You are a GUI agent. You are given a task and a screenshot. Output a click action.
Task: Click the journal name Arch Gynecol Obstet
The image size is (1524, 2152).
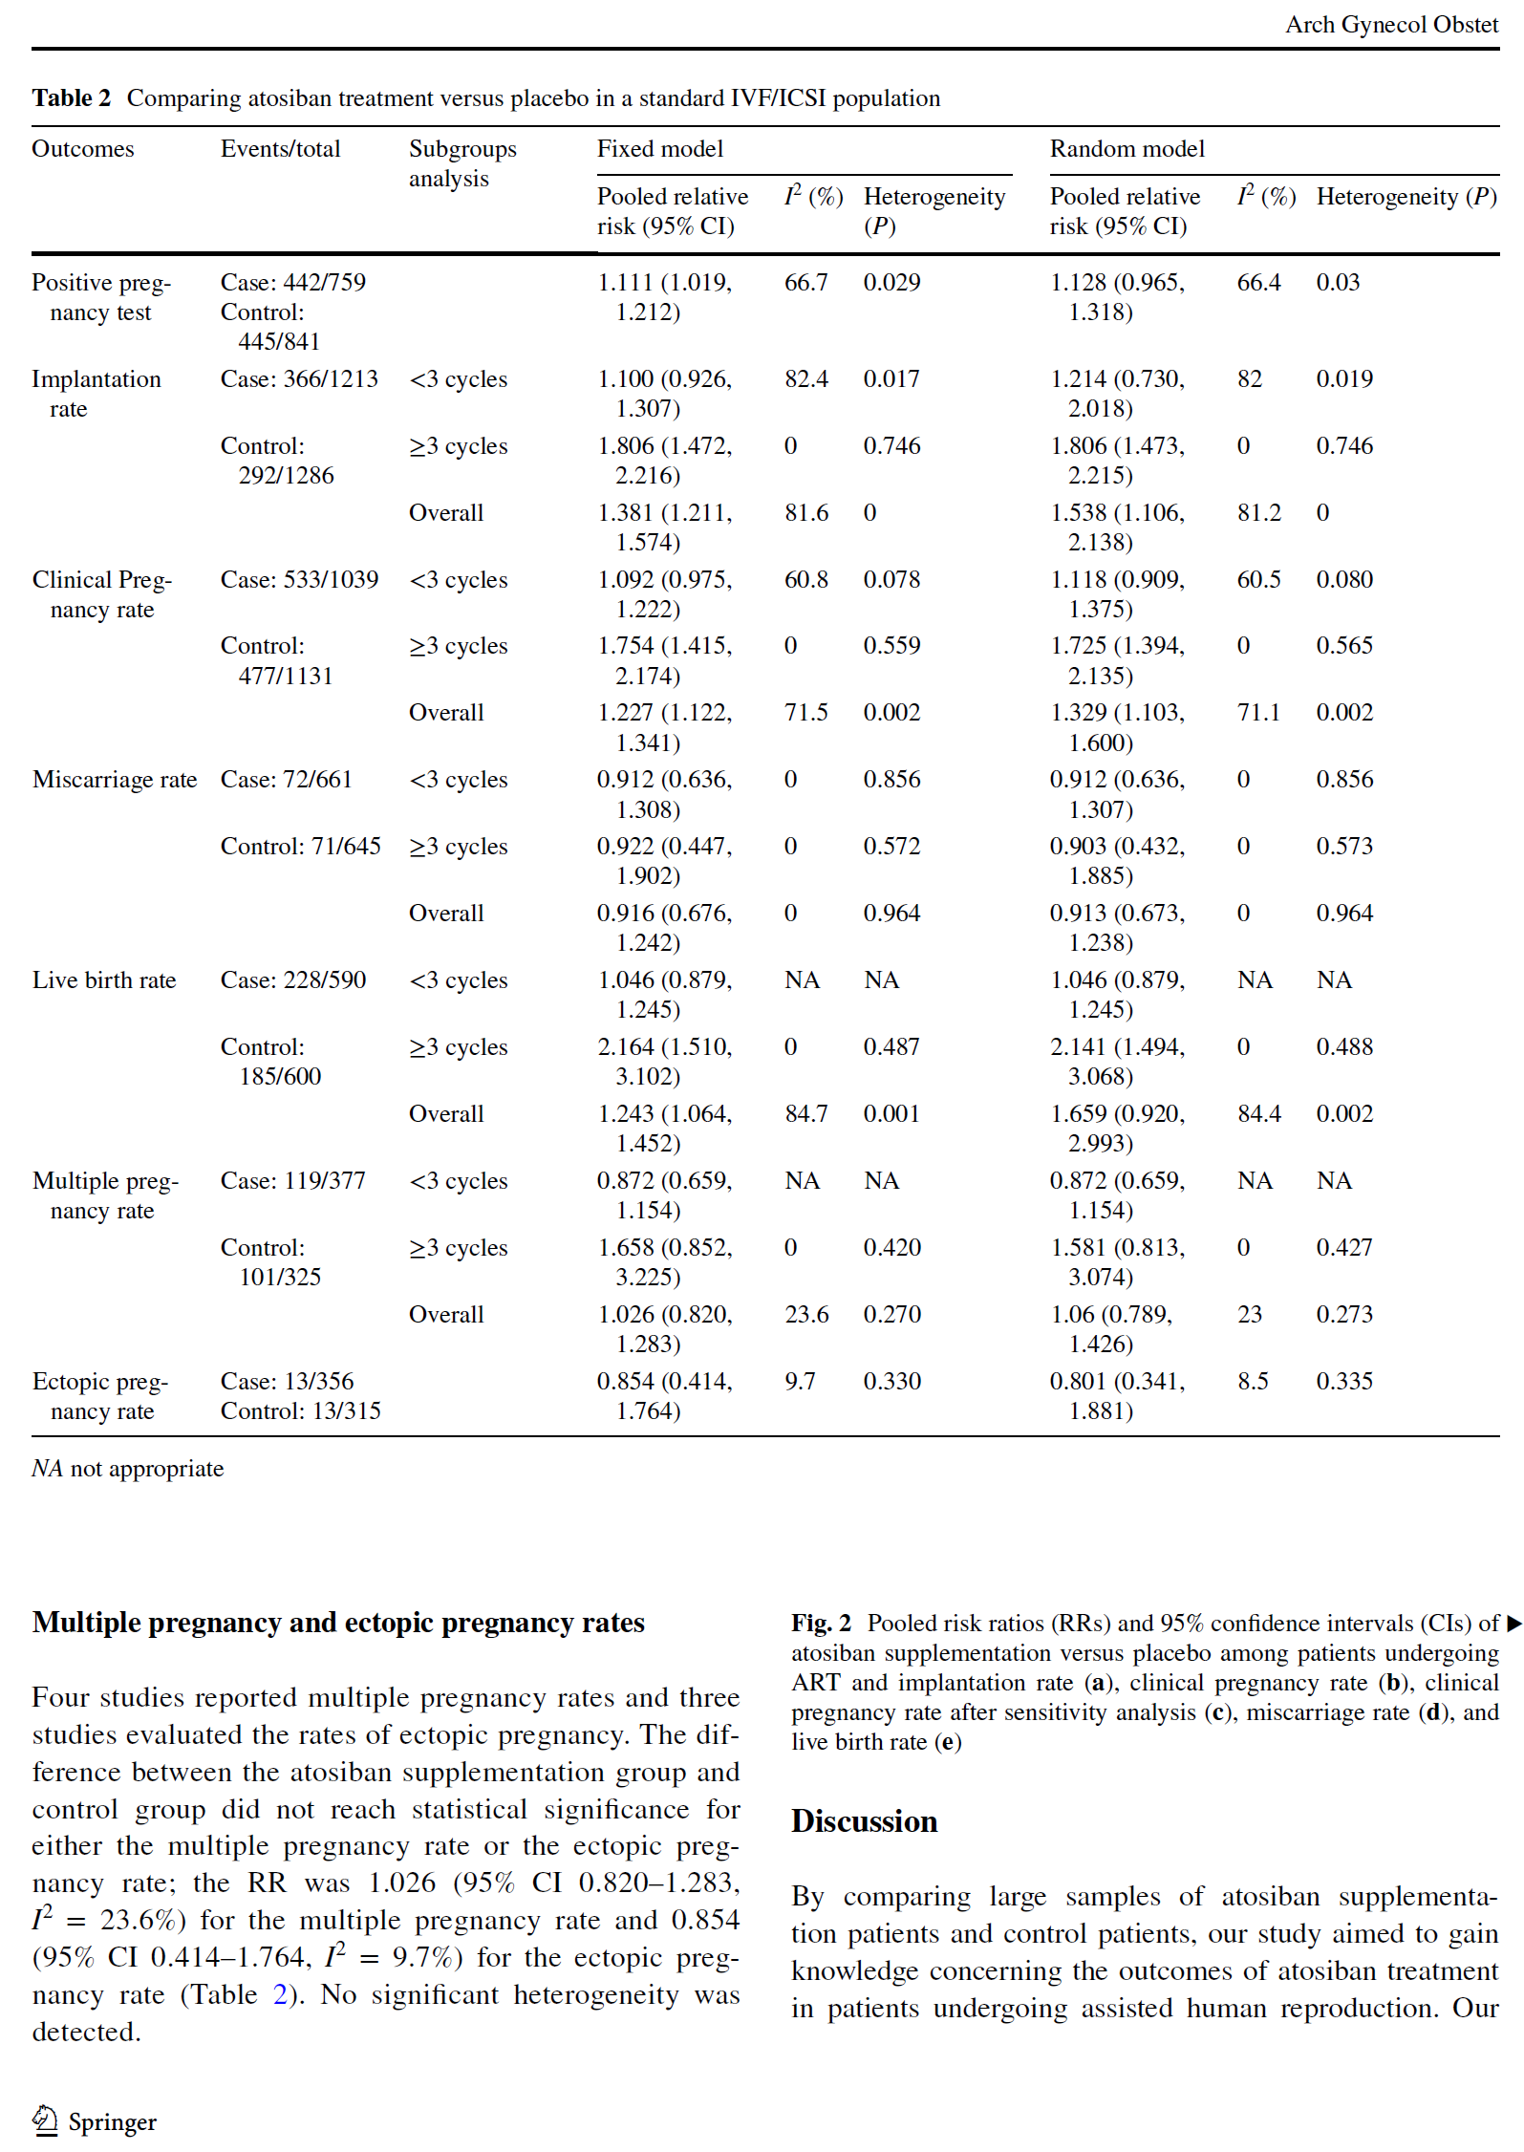1390,25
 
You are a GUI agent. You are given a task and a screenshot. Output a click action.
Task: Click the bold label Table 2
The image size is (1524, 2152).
71,98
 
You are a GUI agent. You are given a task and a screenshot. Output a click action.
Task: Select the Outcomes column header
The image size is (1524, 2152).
82,149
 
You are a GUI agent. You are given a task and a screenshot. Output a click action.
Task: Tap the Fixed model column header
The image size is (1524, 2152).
659,149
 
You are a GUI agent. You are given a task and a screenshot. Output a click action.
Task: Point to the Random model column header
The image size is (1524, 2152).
1127,149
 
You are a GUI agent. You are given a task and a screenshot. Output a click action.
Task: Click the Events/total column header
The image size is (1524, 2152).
280,149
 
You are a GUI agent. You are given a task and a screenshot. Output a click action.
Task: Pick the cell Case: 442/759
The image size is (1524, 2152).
292,283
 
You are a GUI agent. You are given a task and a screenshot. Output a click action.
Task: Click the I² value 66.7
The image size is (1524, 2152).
805,283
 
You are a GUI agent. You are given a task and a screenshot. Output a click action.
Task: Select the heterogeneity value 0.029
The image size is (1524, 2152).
891,283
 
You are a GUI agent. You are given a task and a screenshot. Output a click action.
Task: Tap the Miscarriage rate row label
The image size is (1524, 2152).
115,780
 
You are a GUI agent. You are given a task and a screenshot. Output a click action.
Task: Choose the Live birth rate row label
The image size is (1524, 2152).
104,980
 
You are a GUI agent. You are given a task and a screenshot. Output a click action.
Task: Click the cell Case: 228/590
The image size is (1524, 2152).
292,980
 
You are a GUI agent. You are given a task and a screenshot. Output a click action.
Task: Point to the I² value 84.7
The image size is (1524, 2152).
805,1114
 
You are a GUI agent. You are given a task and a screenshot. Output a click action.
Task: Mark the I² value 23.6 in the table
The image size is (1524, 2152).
805,1315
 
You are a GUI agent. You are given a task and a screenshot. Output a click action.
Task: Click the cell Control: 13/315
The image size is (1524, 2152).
300,1411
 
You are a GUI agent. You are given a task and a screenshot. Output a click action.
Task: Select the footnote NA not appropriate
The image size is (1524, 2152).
127,1469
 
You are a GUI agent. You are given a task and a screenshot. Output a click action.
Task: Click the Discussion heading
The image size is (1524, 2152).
864,1821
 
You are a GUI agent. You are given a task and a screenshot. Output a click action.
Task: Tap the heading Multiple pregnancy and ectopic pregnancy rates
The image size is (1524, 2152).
338,1623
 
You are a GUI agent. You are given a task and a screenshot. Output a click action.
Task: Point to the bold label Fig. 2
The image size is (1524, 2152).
820,1624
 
